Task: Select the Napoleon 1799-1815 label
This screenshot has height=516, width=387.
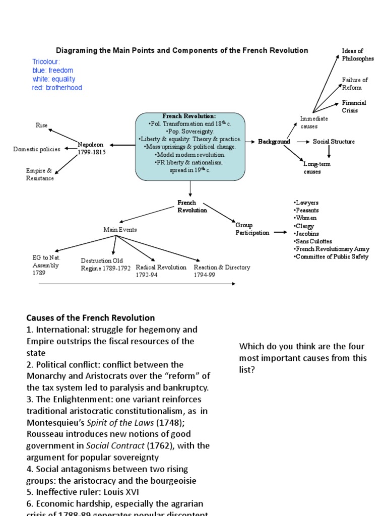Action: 91,148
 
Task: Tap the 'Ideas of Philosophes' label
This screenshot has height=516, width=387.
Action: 358,55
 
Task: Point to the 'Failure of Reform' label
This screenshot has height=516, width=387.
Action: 355,84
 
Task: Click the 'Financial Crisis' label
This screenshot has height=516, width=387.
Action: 354,106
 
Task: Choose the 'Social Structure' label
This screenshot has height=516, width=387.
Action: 334,142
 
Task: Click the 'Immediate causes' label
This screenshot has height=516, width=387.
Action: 314,122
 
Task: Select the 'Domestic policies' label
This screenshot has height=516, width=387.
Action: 36,149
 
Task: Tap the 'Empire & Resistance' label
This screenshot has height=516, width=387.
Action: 40,174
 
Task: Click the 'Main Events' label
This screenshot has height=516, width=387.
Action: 120,229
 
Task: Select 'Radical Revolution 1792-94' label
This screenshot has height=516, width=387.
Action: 161,271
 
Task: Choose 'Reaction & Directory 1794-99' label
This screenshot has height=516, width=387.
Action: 222,271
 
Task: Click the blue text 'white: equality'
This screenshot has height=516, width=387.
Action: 53,79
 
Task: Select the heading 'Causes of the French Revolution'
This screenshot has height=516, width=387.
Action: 91,318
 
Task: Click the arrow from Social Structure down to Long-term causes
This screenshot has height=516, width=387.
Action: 329,152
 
